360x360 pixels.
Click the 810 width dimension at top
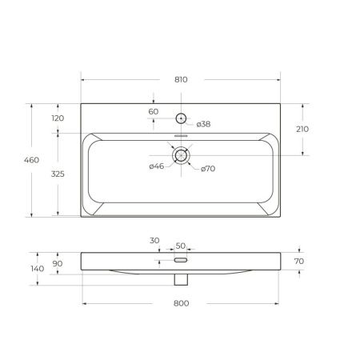click(x=180, y=80)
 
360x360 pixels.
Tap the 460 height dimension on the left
click(x=32, y=161)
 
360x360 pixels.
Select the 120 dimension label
click(x=58, y=118)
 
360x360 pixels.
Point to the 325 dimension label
click(x=58, y=174)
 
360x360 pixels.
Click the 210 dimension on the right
click(x=302, y=129)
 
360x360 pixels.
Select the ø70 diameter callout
click(x=208, y=168)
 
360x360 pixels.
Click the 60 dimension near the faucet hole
click(x=154, y=112)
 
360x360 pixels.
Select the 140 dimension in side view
click(x=36, y=270)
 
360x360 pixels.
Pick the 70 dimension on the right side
click(x=299, y=261)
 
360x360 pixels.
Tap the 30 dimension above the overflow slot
click(x=154, y=240)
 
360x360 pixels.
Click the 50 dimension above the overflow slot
click(x=180, y=246)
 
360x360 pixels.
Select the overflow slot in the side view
click(x=181, y=260)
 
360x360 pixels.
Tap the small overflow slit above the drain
click(x=182, y=137)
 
